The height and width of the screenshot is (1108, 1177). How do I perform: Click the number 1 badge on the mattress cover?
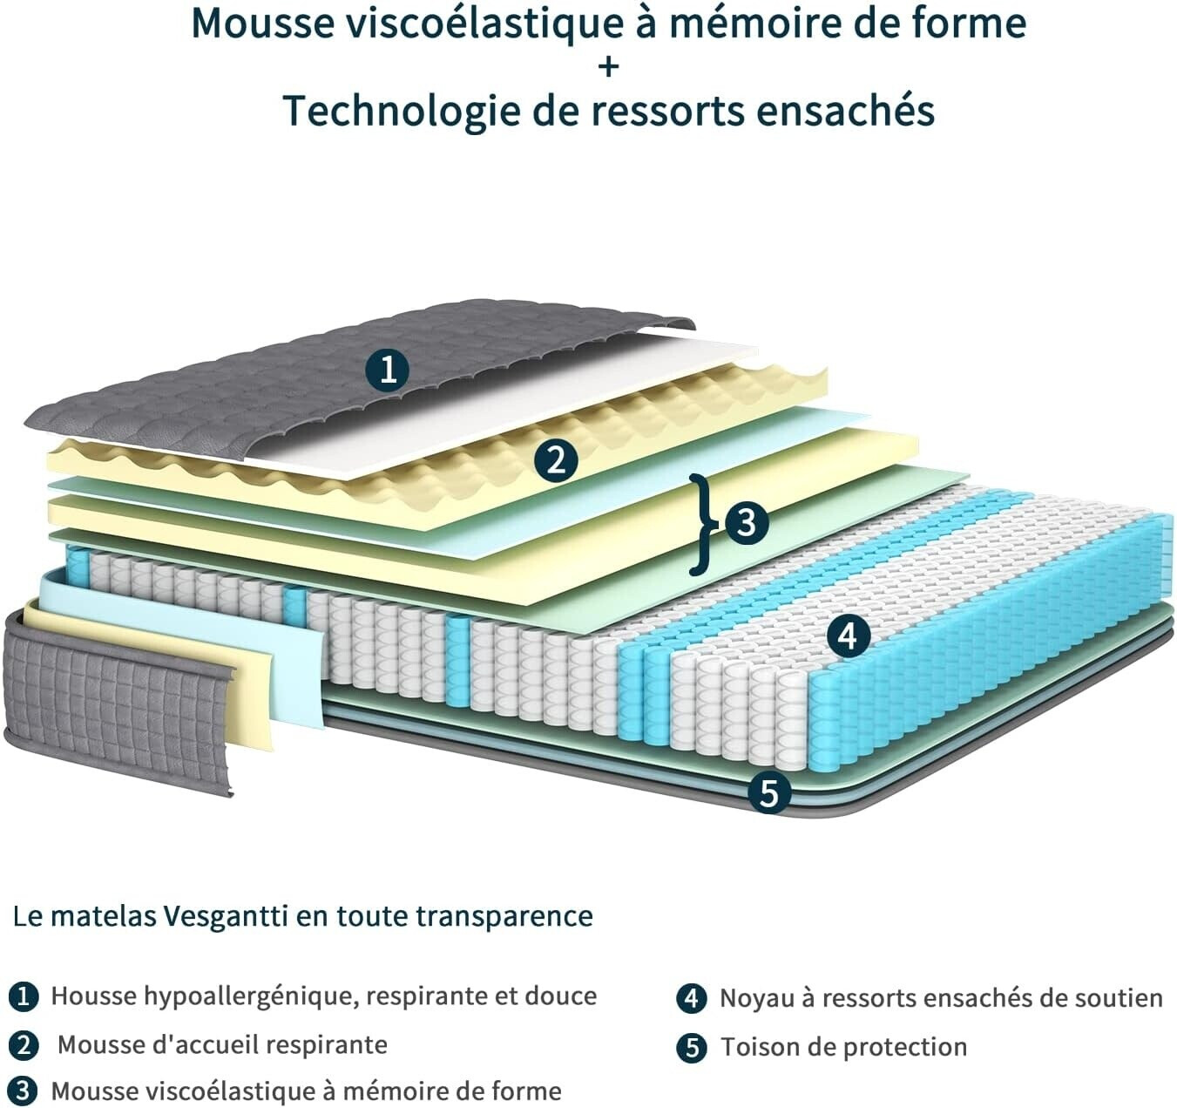coord(388,369)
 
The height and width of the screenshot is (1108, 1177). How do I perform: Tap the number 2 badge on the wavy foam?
coord(556,459)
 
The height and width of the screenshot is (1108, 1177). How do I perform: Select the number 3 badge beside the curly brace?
coord(747,523)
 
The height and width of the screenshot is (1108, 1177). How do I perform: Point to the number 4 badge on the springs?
coord(849,637)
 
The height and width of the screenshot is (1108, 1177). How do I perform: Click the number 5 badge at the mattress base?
coord(768,792)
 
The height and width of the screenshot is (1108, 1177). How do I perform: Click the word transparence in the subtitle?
coord(504,917)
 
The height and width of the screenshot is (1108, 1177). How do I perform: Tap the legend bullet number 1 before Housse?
coord(24,997)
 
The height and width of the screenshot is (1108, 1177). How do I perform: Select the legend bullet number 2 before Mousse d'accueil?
coord(24,1044)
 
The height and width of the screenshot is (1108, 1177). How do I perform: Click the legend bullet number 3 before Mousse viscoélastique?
coord(24,1091)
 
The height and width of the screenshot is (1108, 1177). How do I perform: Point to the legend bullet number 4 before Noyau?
coord(692,999)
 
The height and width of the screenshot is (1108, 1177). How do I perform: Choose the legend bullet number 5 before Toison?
coord(692,1047)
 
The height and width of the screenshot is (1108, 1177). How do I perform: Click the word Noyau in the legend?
coord(756,999)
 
